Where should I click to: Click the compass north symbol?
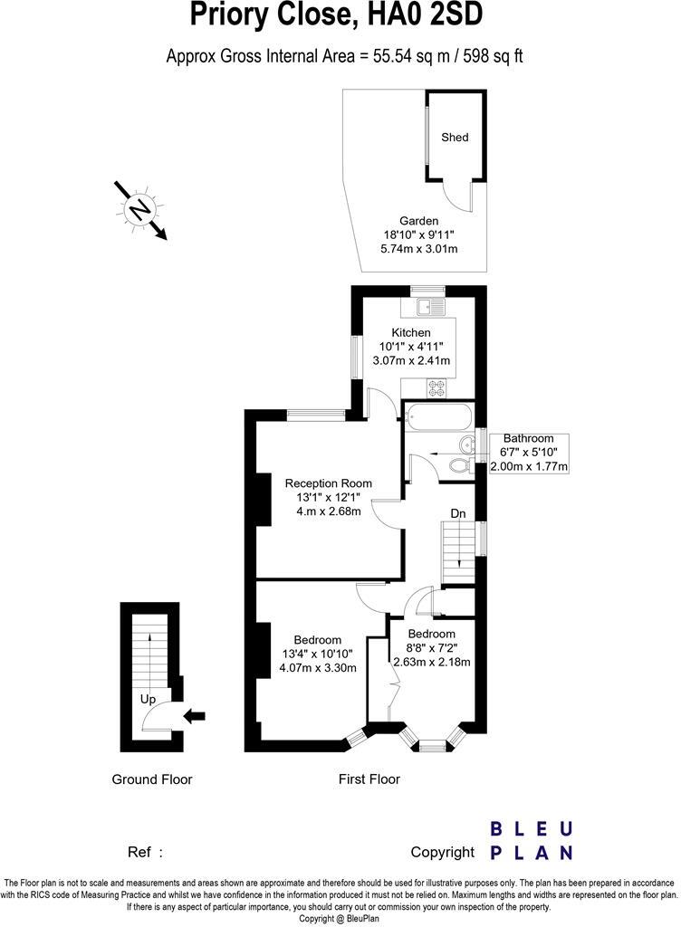point(139,210)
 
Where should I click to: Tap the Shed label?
point(455,138)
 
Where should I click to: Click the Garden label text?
point(418,221)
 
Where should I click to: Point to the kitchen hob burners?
point(436,387)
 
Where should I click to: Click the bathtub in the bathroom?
point(438,420)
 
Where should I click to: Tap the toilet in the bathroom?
point(460,464)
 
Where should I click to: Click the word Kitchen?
point(410,333)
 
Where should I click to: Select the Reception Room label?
point(328,483)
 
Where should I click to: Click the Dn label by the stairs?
point(458,514)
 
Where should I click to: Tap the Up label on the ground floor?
point(147,700)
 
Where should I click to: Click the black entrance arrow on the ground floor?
point(195,716)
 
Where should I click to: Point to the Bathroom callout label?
point(528,439)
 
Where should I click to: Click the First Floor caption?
point(369,779)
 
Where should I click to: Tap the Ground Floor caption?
point(151,779)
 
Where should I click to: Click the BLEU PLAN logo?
point(531,840)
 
